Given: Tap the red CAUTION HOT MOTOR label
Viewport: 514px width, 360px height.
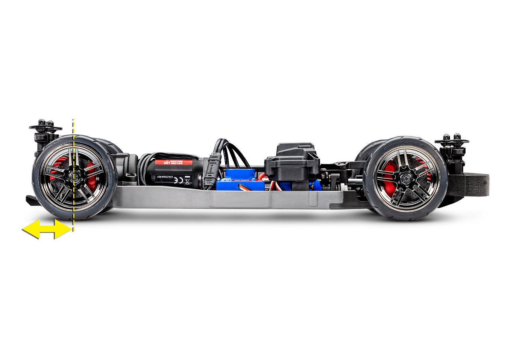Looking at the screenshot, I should (x=174, y=162).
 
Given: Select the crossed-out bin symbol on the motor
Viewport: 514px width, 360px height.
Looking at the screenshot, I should (x=187, y=180).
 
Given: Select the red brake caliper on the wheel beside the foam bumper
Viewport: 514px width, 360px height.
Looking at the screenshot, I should (x=389, y=178).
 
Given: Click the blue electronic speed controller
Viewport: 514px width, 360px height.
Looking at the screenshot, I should (x=240, y=180).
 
